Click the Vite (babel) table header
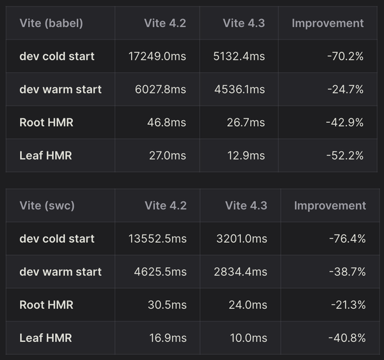[51, 23]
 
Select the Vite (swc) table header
[47, 206]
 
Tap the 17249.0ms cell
[157, 56]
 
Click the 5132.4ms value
[239, 56]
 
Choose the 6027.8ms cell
[158, 89]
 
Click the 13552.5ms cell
[157, 239]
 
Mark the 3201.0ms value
[242, 239]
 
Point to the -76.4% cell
[347, 239]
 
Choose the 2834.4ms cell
[241, 272]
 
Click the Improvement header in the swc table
[330, 206]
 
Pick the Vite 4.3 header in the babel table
[244, 23]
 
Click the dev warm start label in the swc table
[61, 272]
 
